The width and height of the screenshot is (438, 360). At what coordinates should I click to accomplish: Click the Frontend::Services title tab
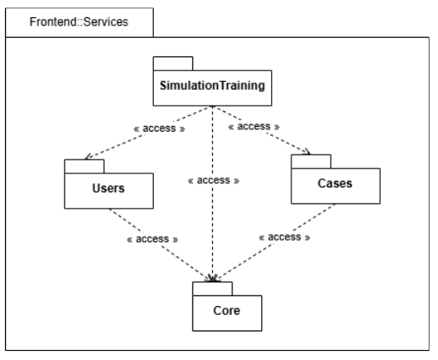[79, 21]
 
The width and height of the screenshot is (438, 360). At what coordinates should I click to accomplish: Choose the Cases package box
[335, 184]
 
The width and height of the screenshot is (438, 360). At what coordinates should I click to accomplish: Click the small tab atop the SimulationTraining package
[173, 63]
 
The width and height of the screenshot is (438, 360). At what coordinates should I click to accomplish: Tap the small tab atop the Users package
[84, 166]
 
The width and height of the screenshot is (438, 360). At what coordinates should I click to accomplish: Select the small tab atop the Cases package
[311, 160]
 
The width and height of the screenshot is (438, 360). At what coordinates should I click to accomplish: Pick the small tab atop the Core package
[213, 288]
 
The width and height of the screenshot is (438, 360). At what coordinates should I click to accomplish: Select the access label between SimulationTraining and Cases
[255, 128]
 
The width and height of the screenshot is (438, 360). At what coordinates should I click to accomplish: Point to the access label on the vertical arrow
[213, 180]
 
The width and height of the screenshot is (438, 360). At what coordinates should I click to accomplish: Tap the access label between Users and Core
[153, 239]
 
